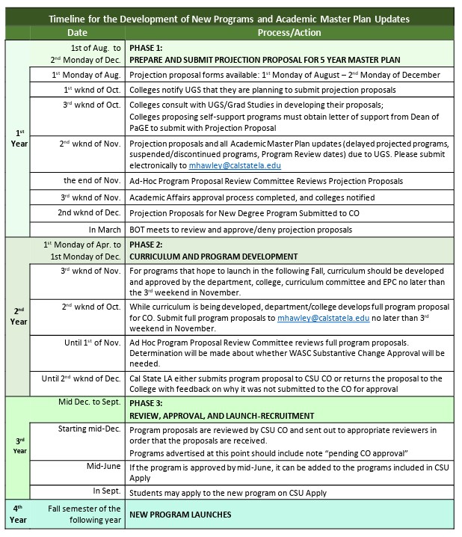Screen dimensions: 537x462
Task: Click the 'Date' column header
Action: (x=77, y=34)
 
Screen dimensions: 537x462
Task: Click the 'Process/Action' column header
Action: (x=290, y=34)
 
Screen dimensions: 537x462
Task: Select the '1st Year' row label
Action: (x=17, y=138)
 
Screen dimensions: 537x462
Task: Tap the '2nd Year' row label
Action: (x=17, y=316)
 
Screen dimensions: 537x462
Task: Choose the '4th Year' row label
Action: (x=17, y=515)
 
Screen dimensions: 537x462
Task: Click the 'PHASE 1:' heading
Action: (x=147, y=47)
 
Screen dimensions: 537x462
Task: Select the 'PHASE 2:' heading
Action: (x=147, y=245)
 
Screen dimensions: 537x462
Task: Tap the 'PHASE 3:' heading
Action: (x=147, y=402)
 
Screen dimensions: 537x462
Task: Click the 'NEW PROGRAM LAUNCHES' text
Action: (x=180, y=515)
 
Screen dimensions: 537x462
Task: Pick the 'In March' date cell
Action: (x=105, y=229)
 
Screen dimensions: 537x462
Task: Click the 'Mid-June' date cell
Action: (x=103, y=467)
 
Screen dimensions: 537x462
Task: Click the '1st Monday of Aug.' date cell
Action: (x=86, y=75)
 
